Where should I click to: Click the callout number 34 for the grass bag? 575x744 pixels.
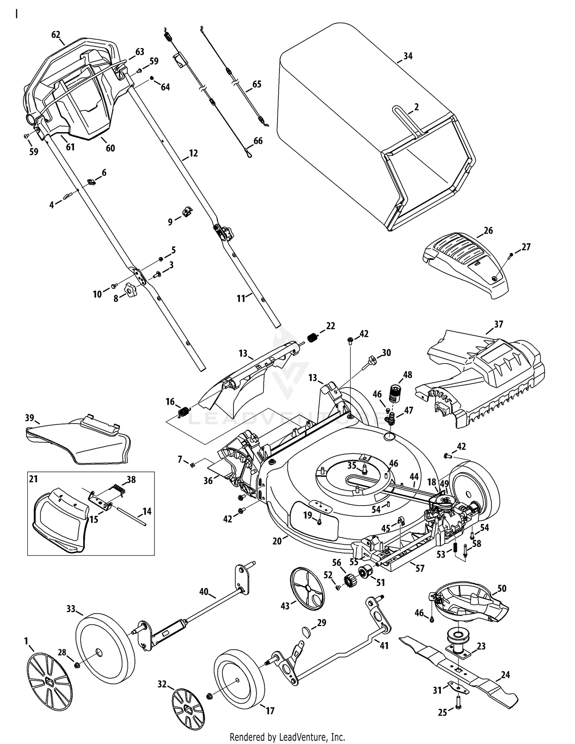[408, 56]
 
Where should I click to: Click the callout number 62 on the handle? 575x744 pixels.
[56, 34]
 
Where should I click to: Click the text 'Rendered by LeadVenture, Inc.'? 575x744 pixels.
[287, 737]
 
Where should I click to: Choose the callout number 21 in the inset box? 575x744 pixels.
[34, 479]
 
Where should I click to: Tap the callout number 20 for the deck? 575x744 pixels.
[277, 541]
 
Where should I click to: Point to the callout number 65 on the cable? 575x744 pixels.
[256, 84]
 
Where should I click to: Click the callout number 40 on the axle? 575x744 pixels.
[204, 592]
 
